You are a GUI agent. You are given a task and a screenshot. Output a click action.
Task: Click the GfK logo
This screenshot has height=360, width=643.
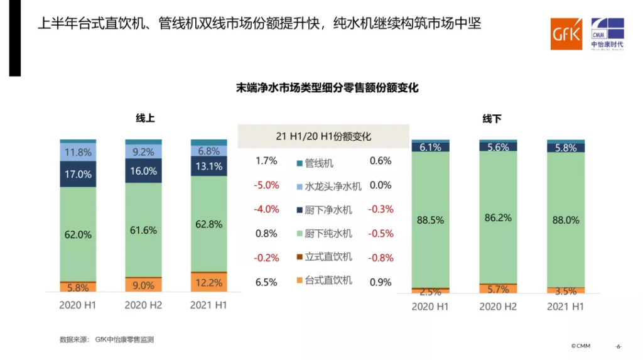(x=566, y=34)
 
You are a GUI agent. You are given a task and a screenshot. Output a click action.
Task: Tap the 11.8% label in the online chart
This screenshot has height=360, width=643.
(x=78, y=152)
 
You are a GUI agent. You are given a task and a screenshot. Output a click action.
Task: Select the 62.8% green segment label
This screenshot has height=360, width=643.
(x=208, y=224)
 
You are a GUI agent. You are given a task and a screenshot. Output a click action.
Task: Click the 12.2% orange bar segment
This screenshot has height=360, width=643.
(x=208, y=283)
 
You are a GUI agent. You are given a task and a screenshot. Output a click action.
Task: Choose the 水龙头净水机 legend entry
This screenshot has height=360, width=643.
(x=328, y=187)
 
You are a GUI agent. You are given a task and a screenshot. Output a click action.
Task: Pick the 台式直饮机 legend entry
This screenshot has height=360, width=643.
(x=324, y=280)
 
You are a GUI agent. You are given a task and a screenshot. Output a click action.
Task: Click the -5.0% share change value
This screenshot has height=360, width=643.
(x=266, y=185)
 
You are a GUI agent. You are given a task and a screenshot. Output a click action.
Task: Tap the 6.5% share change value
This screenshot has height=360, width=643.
(x=266, y=282)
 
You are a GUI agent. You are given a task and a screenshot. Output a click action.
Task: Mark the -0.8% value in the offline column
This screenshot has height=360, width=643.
(x=381, y=258)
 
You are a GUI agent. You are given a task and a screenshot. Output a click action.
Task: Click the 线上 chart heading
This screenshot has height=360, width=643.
(x=145, y=118)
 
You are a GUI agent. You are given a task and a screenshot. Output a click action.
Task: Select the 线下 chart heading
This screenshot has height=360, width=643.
(x=492, y=119)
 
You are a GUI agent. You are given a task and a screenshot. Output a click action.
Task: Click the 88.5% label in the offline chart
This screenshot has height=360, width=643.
(x=430, y=220)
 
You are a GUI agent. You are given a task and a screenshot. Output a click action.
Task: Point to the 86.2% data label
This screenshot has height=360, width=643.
(x=498, y=218)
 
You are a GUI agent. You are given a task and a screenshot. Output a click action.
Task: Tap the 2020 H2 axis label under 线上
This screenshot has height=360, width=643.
(x=143, y=305)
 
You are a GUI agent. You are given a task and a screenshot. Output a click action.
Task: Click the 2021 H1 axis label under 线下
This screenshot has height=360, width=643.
(x=565, y=307)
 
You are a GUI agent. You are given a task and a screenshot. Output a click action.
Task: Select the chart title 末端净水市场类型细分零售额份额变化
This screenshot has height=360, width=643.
(x=327, y=88)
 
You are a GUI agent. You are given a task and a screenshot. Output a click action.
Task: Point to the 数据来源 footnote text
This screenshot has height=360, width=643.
(x=107, y=340)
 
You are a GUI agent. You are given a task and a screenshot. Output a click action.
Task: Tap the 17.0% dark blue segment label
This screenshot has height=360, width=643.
(x=78, y=175)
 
